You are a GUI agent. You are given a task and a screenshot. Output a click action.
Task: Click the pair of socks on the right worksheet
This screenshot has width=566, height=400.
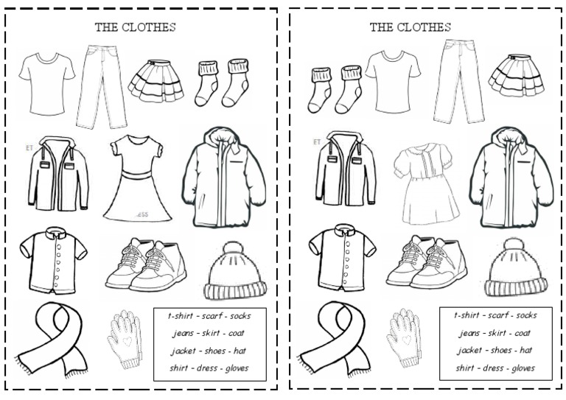pos(335,88)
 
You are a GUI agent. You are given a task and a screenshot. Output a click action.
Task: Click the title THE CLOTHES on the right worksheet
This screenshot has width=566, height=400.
pos(410,28)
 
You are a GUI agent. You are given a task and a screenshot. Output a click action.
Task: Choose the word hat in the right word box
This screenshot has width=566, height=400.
pos(525,350)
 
